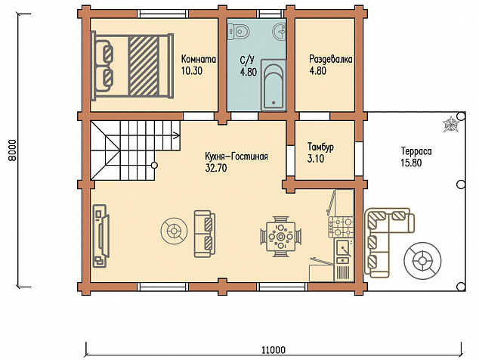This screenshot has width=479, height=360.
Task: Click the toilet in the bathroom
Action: (239, 31)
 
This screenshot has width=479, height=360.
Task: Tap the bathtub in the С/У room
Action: (273, 85)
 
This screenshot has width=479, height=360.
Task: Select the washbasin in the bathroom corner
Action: (280, 30)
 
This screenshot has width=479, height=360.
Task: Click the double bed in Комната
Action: (132, 66)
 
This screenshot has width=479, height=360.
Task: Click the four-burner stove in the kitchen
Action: (341, 227)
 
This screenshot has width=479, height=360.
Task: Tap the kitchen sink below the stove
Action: (345, 247)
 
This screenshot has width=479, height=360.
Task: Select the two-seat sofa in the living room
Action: (205, 234)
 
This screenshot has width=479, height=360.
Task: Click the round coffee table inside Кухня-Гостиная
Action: (174, 231)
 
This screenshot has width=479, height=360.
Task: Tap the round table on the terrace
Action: (422, 261)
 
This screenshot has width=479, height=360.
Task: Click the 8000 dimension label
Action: (11, 151)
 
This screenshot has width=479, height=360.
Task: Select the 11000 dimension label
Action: (273, 350)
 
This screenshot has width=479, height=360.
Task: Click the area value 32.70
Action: (216, 168)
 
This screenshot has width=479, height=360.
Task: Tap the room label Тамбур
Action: (320, 147)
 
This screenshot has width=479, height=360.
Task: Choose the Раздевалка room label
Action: (331, 59)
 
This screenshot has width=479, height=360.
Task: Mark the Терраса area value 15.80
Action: (411, 163)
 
